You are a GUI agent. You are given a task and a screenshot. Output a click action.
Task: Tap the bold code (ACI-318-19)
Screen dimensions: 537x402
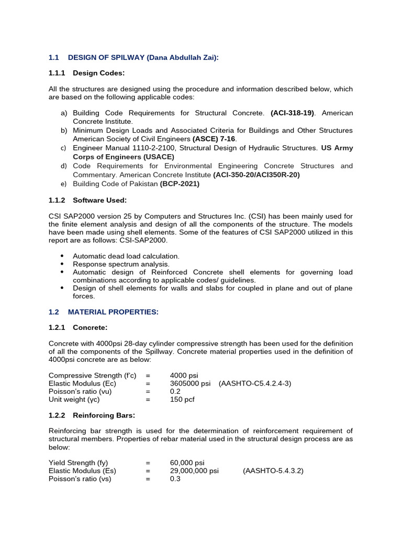293,113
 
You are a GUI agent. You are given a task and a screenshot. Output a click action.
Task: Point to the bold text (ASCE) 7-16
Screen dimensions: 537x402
214,139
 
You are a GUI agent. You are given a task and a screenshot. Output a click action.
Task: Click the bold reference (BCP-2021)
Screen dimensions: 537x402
180,184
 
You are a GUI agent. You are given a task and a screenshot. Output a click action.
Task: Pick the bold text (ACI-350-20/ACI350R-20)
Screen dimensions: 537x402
256,175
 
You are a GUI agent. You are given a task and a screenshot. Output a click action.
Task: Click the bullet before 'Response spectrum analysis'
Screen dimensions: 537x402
62,264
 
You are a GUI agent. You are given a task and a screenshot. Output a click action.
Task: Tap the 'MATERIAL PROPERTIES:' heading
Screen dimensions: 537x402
113,312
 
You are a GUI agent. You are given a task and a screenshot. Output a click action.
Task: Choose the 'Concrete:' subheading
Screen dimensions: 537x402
90,327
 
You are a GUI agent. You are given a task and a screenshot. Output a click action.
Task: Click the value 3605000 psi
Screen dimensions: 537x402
190,383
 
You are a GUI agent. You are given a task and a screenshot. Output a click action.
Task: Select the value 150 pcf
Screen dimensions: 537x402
182,399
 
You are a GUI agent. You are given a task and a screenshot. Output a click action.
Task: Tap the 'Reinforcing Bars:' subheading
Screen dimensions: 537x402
104,415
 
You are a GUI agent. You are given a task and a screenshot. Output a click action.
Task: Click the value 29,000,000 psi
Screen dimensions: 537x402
194,471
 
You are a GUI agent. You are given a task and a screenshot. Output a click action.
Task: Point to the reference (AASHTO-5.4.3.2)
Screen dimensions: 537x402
273,471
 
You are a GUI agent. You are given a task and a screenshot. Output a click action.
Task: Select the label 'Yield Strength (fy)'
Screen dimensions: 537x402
79,463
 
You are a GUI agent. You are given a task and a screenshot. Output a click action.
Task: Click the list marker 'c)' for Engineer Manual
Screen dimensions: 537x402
64,148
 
